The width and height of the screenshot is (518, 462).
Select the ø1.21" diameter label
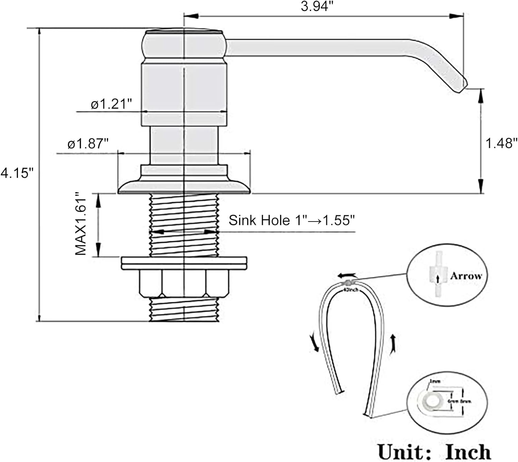[x=112, y=104]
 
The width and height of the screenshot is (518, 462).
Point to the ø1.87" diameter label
[x=88, y=144]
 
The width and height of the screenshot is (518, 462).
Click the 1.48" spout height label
[x=502, y=142]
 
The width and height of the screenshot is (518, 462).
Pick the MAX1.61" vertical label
[x=81, y=224]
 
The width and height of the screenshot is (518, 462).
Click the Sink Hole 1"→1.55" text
[x=292, y=220]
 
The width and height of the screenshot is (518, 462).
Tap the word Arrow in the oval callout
[x=466, y=276]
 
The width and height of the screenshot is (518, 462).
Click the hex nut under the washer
[x=184, y=283]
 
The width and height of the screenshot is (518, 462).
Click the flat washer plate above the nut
[x=184, y=263]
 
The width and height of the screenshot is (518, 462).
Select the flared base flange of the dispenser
[x=184, y=186]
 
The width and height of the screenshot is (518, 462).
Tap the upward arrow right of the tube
[x=393, y=344]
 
